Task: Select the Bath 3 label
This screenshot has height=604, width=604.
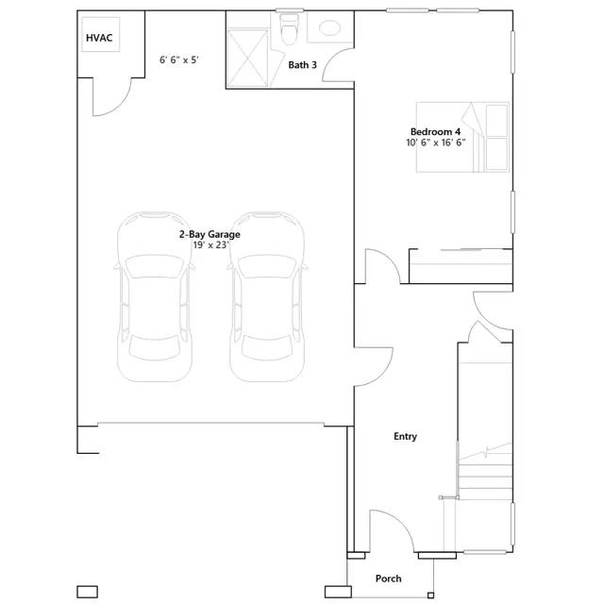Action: pyautogui.click(x=302, y=65)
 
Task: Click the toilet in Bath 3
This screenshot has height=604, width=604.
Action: pyautogui.click(x=290, y=31)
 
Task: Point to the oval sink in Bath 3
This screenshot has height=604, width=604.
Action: pyautogui.click(x=329, y=28)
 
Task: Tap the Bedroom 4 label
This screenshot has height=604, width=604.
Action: pyautogui.click(x=435, y=131)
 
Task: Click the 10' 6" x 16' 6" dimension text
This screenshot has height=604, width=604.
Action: pyautogui.click(x=435, y=143)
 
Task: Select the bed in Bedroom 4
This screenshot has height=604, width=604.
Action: pyautogui.click(x=462, y=138)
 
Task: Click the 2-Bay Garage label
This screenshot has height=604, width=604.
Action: pyautogui.click(x=210, y=234)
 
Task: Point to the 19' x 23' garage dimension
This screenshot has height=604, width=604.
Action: pyautogui.click(x=210, y=245)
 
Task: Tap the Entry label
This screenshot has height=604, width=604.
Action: pyautogui.click(x=405, y=437)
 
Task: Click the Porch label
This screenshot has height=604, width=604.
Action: pyautogui.click(x=388, y=579)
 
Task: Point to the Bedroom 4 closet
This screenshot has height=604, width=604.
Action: pyautogui.click(x=461, y=266)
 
